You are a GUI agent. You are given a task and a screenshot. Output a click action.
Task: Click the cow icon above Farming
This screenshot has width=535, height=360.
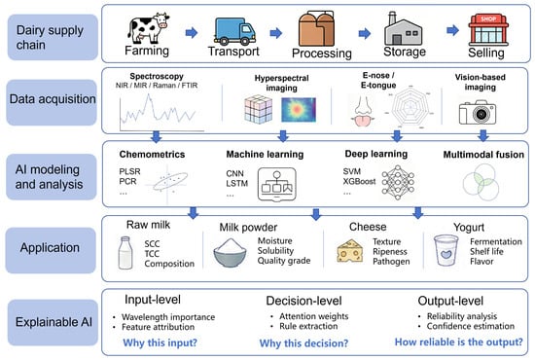tap(149, 28)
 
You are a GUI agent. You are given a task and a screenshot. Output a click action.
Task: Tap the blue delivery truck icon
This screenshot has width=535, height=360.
tap(234, 31)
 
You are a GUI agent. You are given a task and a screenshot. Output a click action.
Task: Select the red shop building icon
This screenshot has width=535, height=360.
tap(488, 30)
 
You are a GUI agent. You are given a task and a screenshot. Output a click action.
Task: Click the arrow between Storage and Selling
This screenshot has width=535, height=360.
tap(452, 30)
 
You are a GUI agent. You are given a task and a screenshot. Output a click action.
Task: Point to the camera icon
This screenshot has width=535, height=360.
tap(478, 112)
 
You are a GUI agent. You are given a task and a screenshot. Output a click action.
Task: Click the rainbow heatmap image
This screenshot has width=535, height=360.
tap(299, 110)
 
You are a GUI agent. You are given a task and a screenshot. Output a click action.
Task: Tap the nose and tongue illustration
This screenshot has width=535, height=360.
tap(363, 111)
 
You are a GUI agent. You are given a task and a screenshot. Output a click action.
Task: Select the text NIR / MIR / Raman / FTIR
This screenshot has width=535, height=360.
tap(157, 86)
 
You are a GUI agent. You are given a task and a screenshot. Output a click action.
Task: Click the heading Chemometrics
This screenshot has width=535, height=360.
tap(152, 155)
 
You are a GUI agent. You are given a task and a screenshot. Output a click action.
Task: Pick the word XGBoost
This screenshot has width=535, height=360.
tap(359, 181)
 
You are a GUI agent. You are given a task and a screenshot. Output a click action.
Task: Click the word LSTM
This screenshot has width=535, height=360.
tap(236, 183)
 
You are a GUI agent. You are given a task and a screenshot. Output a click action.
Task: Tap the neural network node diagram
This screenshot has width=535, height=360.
tap(398, 182)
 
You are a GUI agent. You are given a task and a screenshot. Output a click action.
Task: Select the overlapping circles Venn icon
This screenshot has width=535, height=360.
tap(481, 182)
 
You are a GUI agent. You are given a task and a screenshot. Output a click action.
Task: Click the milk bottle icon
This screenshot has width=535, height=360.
tap(125, 253)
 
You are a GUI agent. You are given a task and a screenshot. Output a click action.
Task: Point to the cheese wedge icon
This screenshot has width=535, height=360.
tap(350, 251)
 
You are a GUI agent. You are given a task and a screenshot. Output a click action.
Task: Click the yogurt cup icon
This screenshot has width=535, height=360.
tap(446, 250)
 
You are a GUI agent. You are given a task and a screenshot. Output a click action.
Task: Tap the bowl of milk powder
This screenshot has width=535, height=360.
tap(230, 253)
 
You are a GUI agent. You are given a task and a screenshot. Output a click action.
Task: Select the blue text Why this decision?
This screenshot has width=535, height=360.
tap(303, 342)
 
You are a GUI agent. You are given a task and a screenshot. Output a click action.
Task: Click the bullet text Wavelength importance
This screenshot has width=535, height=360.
tap(168, 317)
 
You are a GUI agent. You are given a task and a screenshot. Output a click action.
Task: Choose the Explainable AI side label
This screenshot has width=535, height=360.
tap(53, 322)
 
